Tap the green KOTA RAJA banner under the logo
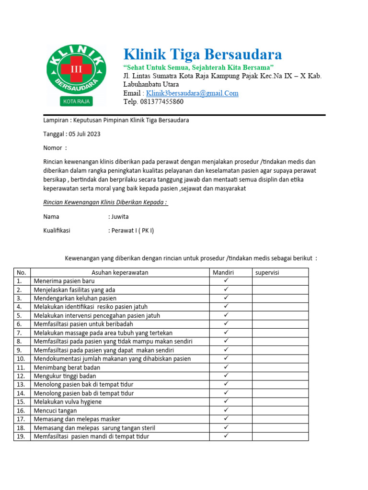(x=76, y=101)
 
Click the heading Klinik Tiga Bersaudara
(x=203, y=54)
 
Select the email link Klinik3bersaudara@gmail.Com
(x=192, y=93)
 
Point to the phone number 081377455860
(x=160, y=101)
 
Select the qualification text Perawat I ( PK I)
(x=133, y=231)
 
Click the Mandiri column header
(x=223, y=273)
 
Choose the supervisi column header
(x=267, y=273)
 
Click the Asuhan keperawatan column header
(x=120, y=273)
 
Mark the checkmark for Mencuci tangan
(x=226, y=410)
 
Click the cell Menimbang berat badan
(x=67, y=367)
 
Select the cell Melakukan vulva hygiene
(x=68, y=402)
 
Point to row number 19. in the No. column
(x=21, y=436)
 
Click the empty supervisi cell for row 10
(x=280, y=359)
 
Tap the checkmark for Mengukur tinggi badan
(x=226, y=376)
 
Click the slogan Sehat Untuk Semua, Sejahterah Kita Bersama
(x=198, y=67)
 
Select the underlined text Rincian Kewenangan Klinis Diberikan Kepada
(x=105, y=202)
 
